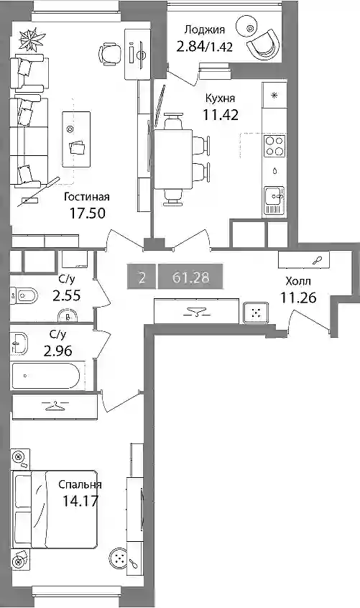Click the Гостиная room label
[x=87, y=197]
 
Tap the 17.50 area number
[x=87, y=213]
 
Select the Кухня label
[x=220, y=98]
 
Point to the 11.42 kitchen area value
[x=221, y=115]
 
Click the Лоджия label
[x=205, y=30]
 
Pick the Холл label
[x=298, y=281]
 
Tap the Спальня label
[x=80, y=484]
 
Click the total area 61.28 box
[x=190, y=277]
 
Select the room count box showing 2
[x=142, y=277]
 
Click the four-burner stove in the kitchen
[x=274, y=146]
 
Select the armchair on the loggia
[x=263, y=43]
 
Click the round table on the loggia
[x=250, y=28]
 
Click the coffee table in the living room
[x=76, y=139]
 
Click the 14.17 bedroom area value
[x=80, y=502]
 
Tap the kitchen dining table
[x=173, y=160]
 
